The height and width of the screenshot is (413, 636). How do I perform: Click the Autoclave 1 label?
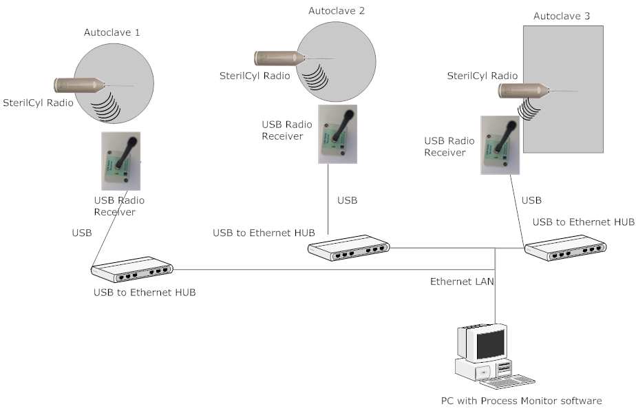[x=112, y=32]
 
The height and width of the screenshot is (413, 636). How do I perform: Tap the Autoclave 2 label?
[x=337, y=10]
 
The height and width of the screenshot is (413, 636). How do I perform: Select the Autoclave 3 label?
[x=562, y=15]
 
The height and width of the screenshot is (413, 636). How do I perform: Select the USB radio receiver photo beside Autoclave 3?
[x=499, y=145]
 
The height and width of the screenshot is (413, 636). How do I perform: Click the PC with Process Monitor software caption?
[x=522, y=401]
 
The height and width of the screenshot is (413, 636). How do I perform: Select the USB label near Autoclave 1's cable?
[x=82, y=233]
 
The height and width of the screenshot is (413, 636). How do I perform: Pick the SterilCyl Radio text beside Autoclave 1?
[x=39, y=103]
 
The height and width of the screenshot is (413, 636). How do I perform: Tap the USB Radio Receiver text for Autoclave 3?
[x=449, y=147]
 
